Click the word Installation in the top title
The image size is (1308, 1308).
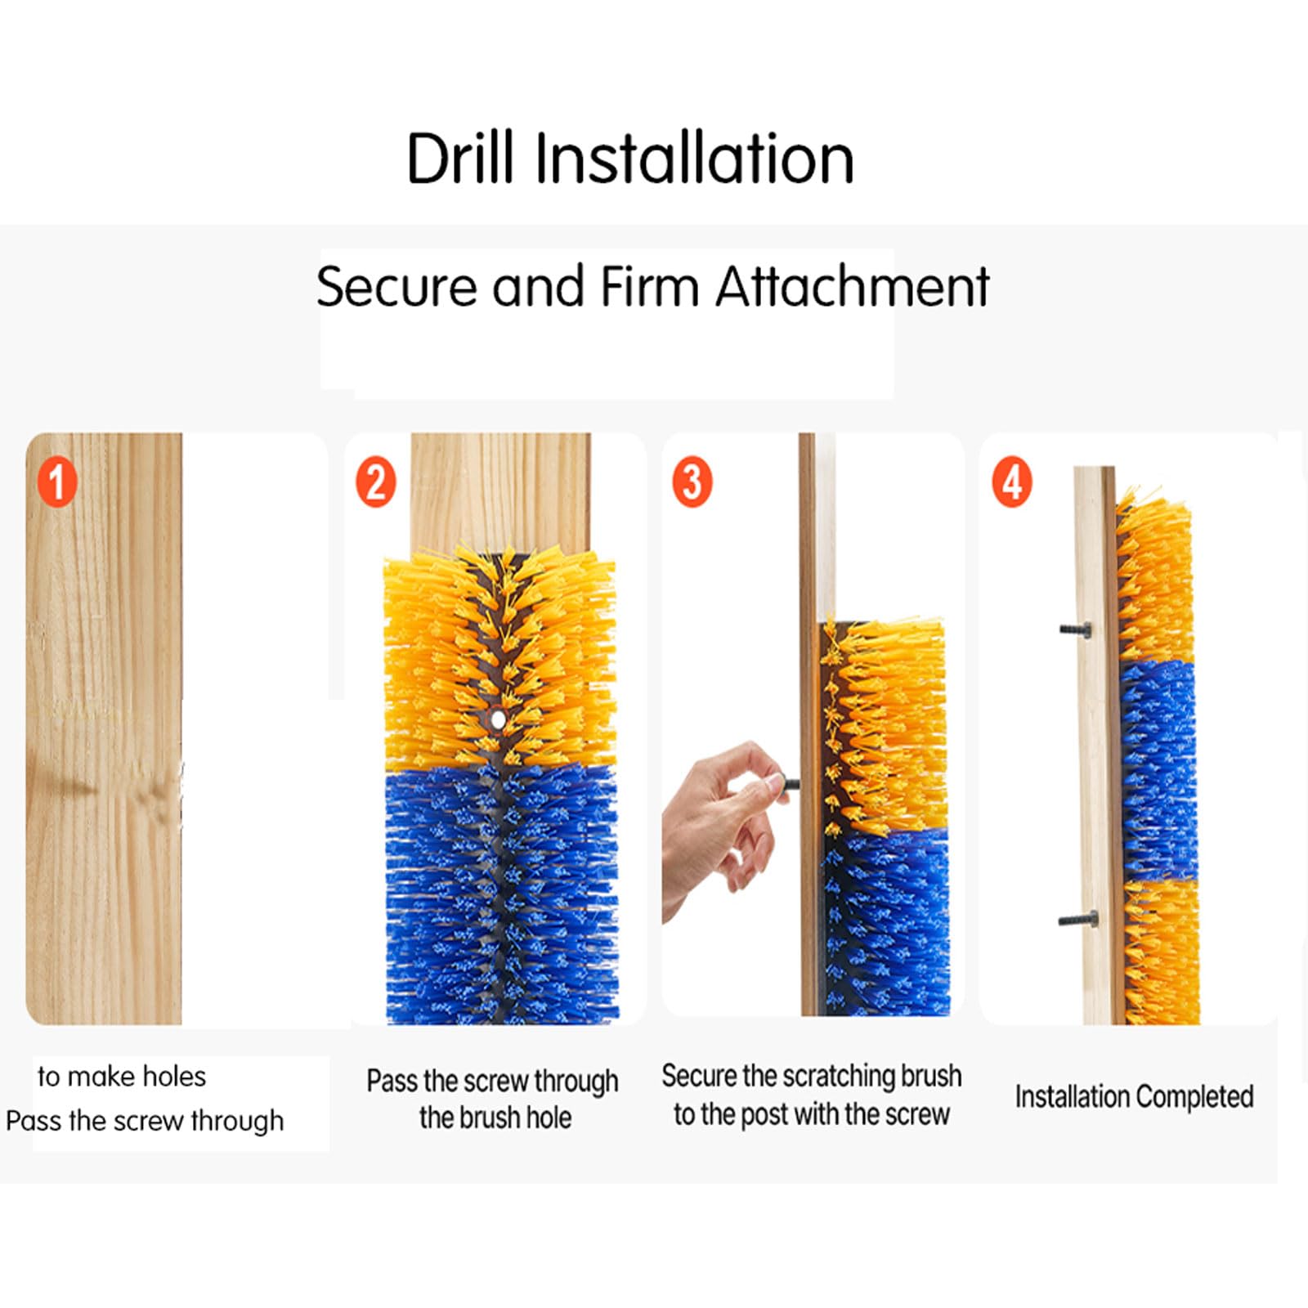695,158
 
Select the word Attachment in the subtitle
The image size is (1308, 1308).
853,287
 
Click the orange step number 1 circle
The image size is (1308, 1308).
57,482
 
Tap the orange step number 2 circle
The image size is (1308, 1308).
375,482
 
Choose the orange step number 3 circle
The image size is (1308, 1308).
692,482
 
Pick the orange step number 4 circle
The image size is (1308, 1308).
1012,482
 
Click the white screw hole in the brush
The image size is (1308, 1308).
498,719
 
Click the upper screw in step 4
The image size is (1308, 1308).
1075,629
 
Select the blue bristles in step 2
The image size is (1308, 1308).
501,893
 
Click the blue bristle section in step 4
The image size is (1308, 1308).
1158,770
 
